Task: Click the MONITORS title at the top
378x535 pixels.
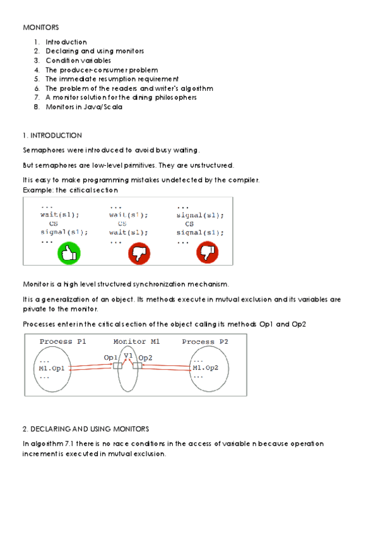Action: click(x=40, y=28)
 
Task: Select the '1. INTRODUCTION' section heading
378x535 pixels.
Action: click(x=52, y=136)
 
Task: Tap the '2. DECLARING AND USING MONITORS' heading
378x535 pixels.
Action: click(x=85, y=429)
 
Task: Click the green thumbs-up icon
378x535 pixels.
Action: click(x=69, y=254)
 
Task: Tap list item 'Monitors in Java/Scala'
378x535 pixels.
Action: click(x=84, y=107)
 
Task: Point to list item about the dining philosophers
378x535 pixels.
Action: click(x=121, y=98)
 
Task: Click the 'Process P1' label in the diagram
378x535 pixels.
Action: click(x=62, y=341)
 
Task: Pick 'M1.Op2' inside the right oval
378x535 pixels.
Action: click(x=205, y=368)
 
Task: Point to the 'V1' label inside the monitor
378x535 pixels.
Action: click(x=128, y=356)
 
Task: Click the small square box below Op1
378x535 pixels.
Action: click(x=117, y=366)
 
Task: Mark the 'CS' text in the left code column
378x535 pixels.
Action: click(x=53, y=223)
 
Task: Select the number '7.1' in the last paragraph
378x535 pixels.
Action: click(x=76, y=444)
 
